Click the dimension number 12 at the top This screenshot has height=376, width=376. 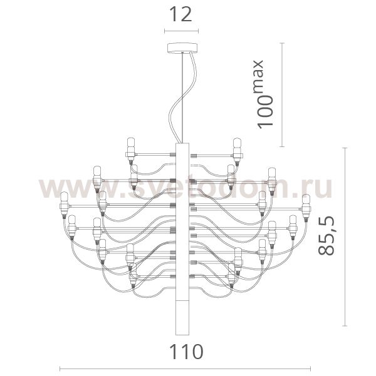(x=181, y=14)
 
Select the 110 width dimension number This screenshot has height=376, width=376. (x=187, y=352)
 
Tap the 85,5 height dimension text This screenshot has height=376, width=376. (x=326, y=235)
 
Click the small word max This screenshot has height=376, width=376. (x=258, y=76)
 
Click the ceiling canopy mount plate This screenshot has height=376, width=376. (x=182, y=48)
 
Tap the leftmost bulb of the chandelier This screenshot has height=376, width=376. (x=64, y=205)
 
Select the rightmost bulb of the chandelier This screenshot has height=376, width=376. (x=306, y=208)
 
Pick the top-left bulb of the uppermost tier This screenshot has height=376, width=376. (x=131, y=151)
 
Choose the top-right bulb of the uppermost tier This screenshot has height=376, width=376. (x=237, y=151)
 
